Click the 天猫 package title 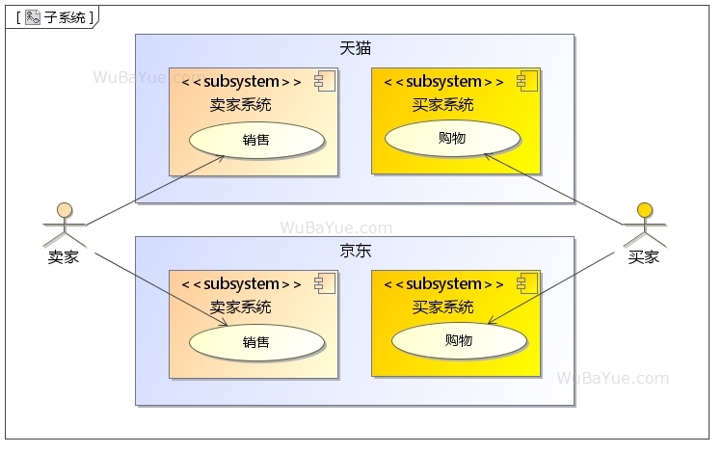[355, 48]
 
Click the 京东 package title [355, 251]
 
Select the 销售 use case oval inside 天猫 [256, 140]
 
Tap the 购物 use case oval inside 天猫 [452, 138]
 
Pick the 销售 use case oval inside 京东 [256, 342]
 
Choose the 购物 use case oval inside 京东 [459, 340]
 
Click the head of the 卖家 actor [64, 209]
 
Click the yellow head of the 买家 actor [644, 209]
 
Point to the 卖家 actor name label [64, 257]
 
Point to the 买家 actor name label [644, 257]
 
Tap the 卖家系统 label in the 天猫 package [240, 105]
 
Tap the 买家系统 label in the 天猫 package [442, 105]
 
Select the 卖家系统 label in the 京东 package [240, 307]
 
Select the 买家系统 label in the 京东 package [442, 307]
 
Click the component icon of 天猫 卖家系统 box [323, 81]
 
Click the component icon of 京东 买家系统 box [525, 283]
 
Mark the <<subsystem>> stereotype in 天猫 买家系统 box [443, 82]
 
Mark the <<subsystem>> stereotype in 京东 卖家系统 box [241, 284]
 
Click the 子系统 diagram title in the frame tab [65, 17]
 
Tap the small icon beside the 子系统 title [32, 17]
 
